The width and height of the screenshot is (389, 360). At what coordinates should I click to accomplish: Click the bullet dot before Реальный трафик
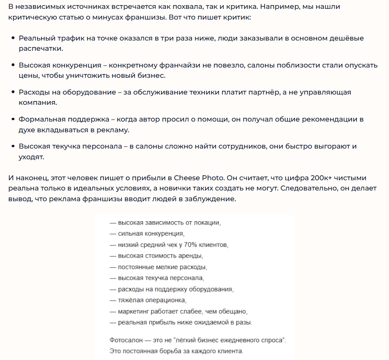point(13,38)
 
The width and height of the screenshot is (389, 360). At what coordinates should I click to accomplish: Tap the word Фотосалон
point(126,340)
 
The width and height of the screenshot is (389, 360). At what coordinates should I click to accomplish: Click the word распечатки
point(40,48)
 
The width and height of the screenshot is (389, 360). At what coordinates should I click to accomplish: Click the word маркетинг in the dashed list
point(134,311)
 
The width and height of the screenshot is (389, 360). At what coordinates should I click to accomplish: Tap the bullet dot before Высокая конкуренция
point(13,65)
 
